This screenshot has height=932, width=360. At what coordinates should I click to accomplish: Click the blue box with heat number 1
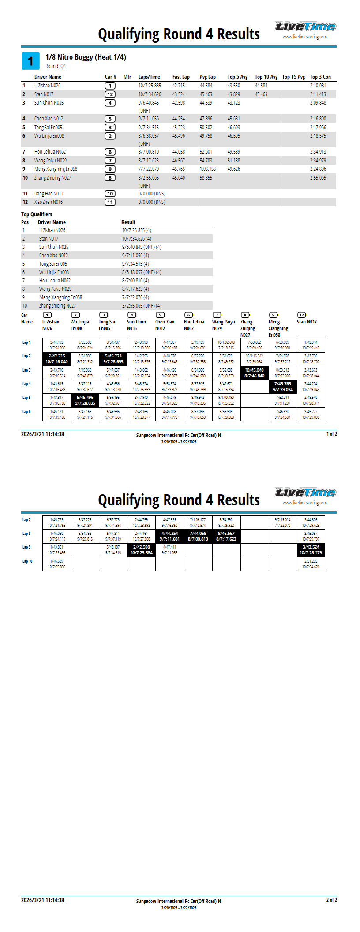coord(30,61)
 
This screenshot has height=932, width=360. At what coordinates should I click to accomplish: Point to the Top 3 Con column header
coord(320,77)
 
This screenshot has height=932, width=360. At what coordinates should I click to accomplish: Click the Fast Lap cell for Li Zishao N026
coord(179,86)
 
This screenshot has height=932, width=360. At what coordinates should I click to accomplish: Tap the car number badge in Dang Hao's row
coord(110,194)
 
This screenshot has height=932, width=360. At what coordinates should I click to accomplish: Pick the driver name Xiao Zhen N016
coord(49,202)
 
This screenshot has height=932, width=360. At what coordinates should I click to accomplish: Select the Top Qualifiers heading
coord(37,214)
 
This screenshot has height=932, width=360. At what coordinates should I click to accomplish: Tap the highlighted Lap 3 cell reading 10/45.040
coord(254,373)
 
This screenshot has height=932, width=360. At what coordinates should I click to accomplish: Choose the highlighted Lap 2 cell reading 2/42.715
coord(56,359)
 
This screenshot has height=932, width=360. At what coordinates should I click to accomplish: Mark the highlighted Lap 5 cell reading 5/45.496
coord(85,400)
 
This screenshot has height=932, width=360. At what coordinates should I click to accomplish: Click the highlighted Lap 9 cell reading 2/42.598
coord(141,550)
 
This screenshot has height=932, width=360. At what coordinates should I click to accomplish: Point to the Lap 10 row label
coord(27,561)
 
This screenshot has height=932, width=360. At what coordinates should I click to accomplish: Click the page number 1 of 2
coord(331,434)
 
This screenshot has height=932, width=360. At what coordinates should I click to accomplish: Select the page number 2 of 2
coord(331,900)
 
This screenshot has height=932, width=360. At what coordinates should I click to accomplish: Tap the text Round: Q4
coord(56,66)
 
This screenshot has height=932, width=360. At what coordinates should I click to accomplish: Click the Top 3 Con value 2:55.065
coord(318,178)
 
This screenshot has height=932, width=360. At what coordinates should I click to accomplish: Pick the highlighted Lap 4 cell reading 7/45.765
coord(282,387)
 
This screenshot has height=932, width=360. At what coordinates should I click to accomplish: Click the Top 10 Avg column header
coord(266,77)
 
